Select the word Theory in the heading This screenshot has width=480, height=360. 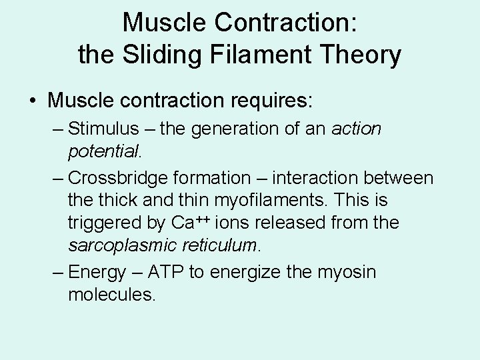[362, 55]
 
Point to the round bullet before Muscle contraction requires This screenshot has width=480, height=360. [33, 102]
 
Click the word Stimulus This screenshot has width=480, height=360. [103, 129]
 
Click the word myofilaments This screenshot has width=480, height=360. [271, 200]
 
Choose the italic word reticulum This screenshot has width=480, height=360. [215, 244]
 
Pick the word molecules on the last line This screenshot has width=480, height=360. [111, 294]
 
